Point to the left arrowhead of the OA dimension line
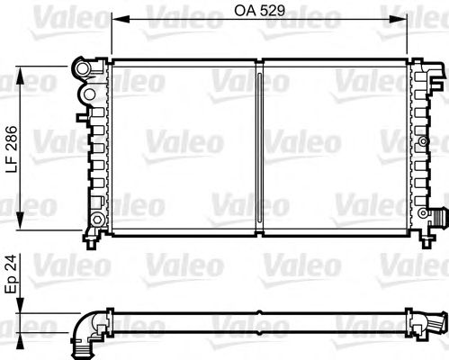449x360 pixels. [116, 20]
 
